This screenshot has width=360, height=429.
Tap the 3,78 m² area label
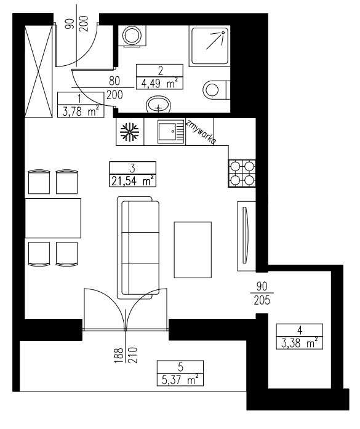pos(81,111)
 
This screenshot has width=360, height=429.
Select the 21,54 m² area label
pos(132,180)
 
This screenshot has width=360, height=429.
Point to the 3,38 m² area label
pos(300,343)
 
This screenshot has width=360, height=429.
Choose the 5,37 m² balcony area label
pos(180,379)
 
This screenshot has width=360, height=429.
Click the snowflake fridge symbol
pos(128,131)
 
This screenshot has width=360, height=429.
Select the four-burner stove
pos(242,173)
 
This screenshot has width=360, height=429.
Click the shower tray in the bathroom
pos(209,45)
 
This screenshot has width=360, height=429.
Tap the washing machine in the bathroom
pos(131,35)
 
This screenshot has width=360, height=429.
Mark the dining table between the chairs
pos(53,218)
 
